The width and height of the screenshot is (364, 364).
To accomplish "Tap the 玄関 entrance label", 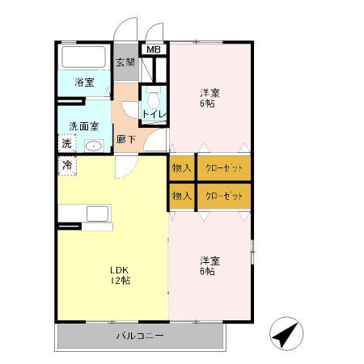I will (125, 63).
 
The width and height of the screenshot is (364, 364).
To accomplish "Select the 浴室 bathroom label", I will (83, 82).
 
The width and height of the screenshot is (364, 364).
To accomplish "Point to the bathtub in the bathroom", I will (84, 58).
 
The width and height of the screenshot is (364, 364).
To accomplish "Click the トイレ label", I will (153, 113).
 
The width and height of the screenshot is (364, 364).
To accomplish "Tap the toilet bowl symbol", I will (151, 100).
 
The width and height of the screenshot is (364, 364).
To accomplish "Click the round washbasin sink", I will (94, 147).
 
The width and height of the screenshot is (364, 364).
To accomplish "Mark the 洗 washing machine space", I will (66, 143).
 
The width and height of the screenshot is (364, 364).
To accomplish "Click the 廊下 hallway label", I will (125, 138).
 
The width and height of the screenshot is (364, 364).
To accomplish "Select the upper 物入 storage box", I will (181, 168).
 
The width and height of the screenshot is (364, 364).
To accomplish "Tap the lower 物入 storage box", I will (181, 196).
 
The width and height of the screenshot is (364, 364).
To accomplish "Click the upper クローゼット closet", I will (223, 168).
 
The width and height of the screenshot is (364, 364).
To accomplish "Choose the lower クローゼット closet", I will (223, 196).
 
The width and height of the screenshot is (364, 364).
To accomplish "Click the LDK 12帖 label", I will (121, 275).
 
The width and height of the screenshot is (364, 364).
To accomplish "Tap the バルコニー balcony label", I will (139, 334).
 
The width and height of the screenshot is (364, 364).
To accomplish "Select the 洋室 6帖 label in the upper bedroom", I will (209, 98).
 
